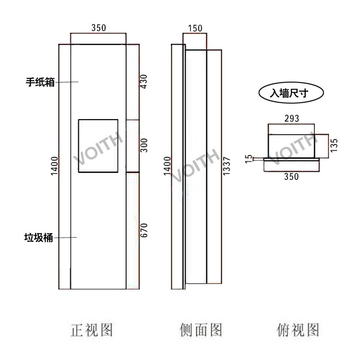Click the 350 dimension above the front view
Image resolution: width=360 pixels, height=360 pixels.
[x=98, y=28]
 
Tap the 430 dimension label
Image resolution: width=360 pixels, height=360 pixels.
[x=144, y=83]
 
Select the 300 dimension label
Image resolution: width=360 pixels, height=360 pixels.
[x=144, y=144]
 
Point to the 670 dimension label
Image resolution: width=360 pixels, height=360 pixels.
[x=144, y=230]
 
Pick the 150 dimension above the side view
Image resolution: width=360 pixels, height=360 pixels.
[x=195, y=28]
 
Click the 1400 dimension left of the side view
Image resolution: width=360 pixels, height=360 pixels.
[x=167, y=165]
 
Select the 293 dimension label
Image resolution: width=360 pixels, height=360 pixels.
[x=291, y=118]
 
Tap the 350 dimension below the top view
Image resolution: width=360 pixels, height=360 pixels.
[x=291, y=177]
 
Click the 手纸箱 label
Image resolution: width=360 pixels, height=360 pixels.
[x=40, y=82]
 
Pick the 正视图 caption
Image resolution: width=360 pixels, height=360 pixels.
[x=92, y=330]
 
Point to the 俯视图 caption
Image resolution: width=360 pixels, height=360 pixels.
[x=298, y=330]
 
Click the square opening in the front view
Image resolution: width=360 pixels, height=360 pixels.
[x=97, y=145]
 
